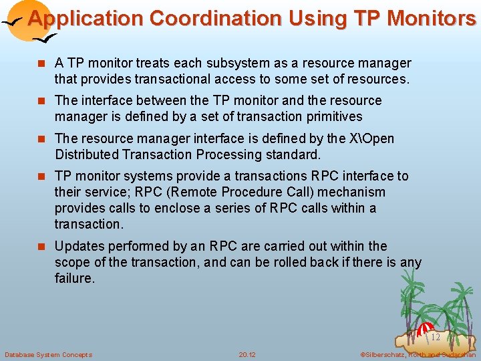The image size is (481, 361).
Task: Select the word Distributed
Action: click(91, 155)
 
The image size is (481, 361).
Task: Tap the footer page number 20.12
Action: click(247, 354)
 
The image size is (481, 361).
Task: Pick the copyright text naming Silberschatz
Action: click(418, 354)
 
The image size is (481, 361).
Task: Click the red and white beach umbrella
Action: click(425, 329)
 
